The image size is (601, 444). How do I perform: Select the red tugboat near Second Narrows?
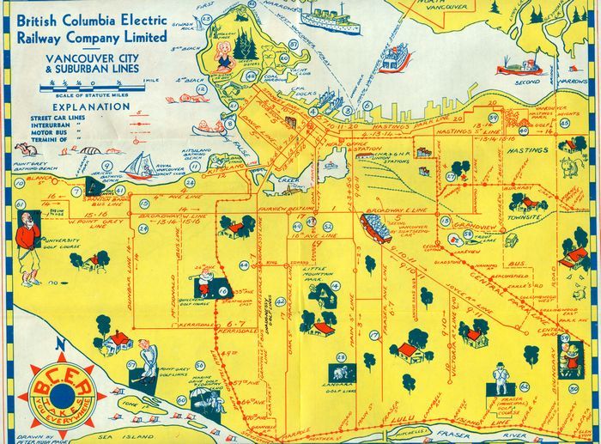pyautogui.click(x=531, y=66)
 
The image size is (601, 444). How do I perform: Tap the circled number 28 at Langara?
pyautogui.click(x=340, y=356)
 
